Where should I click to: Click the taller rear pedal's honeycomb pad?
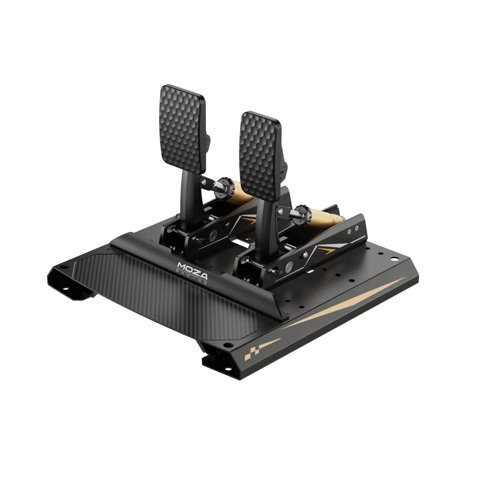click(x=182, y=129)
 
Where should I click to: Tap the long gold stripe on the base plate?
click(x=344, y=302)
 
